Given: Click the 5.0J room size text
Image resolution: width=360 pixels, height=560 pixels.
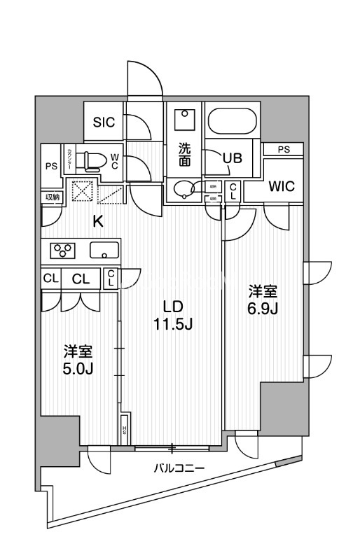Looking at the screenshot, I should pos(78,368).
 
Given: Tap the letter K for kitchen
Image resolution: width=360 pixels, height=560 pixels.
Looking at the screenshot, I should pos(99,222).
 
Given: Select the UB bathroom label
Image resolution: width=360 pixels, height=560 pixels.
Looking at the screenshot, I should pos(232,158).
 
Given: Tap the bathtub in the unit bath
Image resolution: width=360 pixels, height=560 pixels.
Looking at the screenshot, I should pos(234,122).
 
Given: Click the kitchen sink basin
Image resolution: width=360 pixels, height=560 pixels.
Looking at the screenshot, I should pos(104,249).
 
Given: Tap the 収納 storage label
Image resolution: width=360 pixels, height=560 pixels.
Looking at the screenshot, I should pos(53,197).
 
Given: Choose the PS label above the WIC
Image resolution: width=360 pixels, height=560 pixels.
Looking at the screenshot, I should pos(283,148).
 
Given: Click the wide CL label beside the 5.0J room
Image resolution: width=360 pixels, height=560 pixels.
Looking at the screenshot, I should pos(81,279).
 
